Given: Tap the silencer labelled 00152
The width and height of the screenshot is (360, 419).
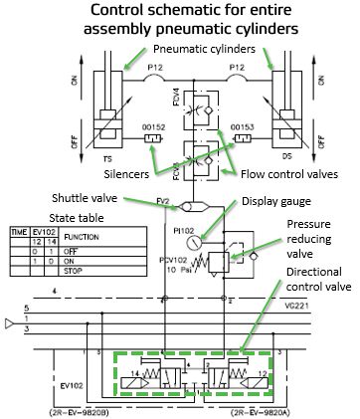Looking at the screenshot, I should click(x=152, y=138).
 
